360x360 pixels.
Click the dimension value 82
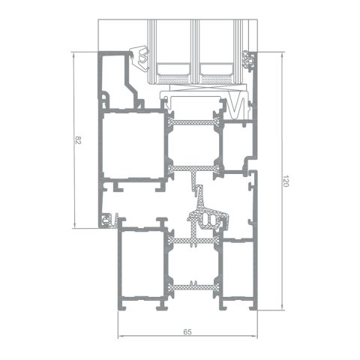pos(78,139)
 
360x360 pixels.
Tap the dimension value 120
pos(286,181)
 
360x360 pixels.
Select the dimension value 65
pos(187,331)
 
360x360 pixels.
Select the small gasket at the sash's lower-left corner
pos(111,220)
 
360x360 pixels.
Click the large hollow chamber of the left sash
pos(133,145)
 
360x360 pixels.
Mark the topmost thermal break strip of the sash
pos(192,120)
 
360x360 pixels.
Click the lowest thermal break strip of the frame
pos(192,286)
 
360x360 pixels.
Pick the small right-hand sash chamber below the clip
pos(237,144)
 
